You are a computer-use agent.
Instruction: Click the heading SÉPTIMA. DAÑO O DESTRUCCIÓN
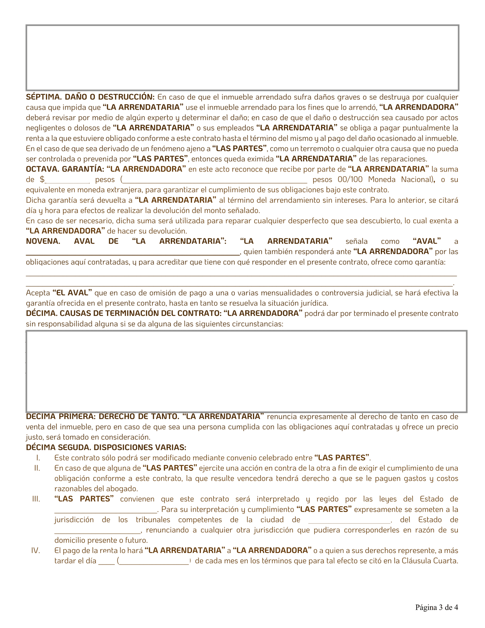click(x=90, y=97)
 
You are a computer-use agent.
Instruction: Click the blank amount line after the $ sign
click(x=67, y=181)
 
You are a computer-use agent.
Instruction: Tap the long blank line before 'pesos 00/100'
click(x=215, y=181)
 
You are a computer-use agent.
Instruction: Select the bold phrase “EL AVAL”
click(x=72, y=293)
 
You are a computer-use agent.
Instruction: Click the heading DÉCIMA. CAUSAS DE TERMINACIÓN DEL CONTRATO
click(x=124, y=313)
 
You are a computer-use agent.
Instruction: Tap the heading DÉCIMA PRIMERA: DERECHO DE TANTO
click(x=103, y=416)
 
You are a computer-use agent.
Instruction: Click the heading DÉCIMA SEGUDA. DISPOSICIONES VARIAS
click(x=106, y=447)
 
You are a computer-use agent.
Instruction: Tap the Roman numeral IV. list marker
click(x=36, y=550)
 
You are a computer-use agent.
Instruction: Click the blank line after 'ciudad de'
click(x=349, y=521)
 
